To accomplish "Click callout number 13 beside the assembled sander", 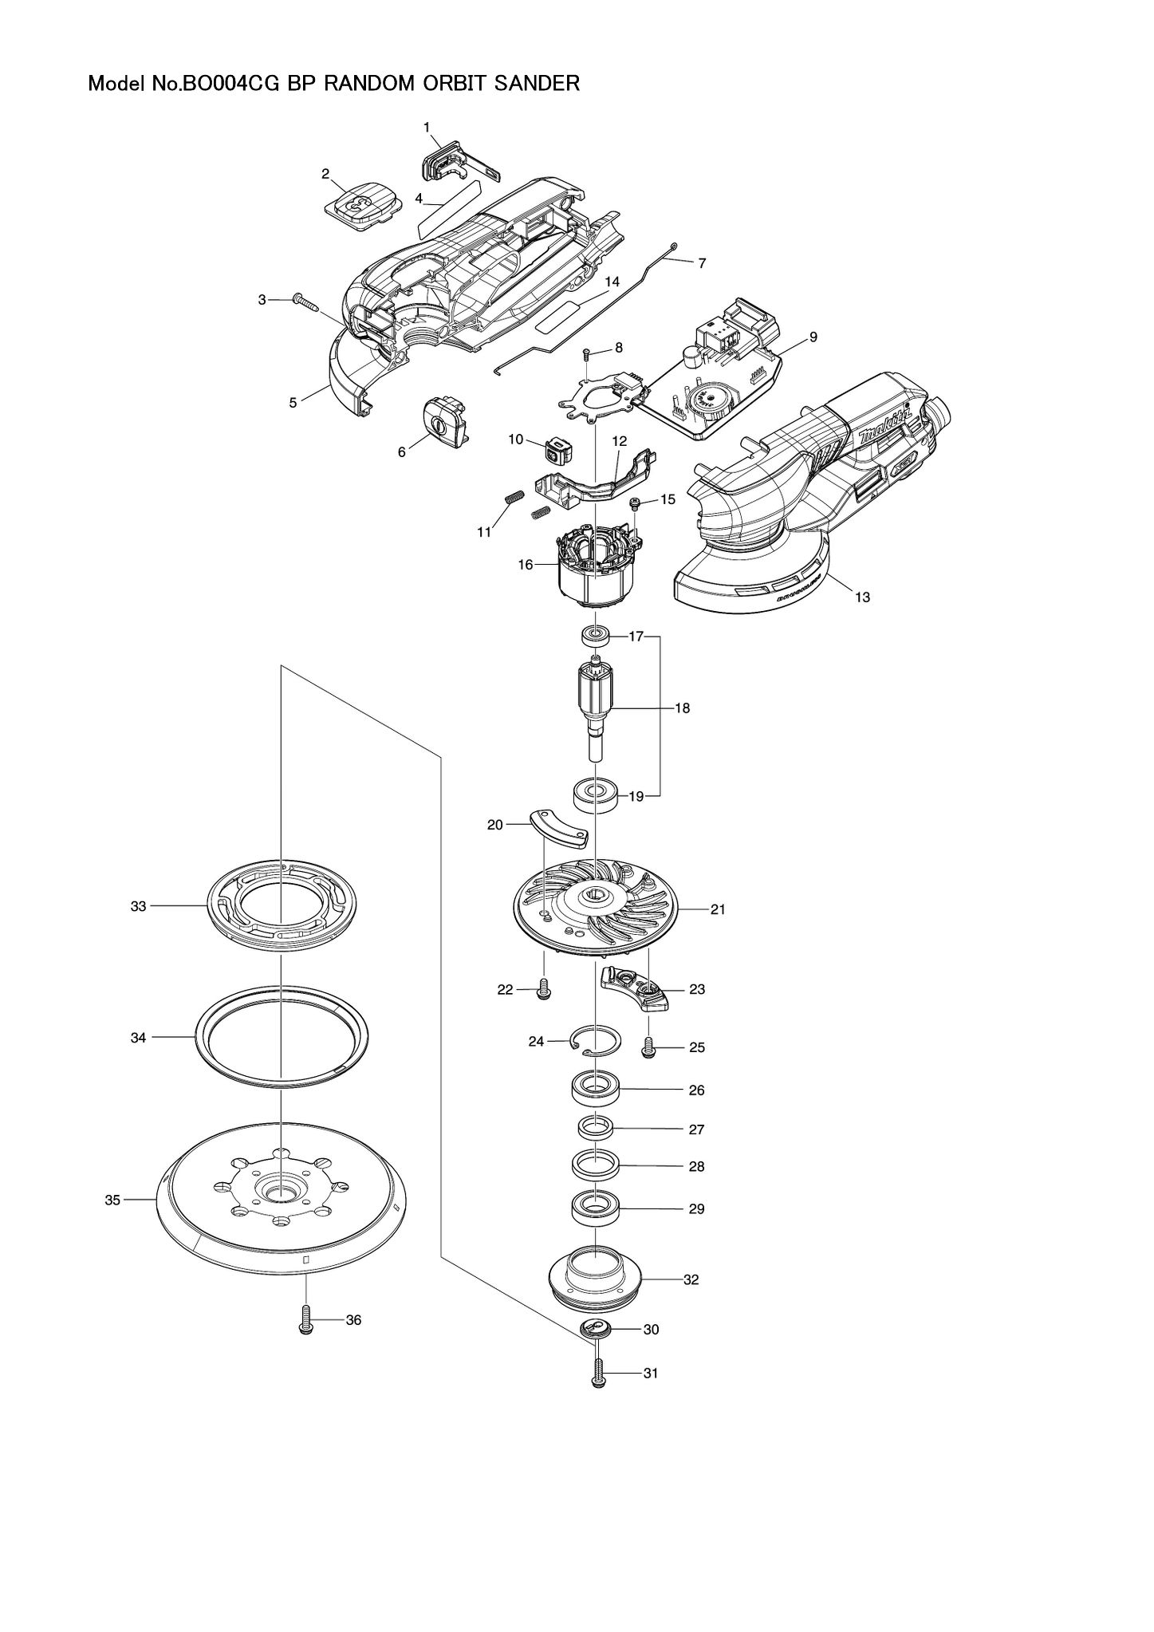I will [862, 597].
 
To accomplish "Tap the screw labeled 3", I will [305, 302].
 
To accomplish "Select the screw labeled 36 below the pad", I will [305, 1321].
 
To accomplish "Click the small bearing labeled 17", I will [595, 637].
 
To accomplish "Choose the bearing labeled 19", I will [596, 795].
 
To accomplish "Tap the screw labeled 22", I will [545, 990].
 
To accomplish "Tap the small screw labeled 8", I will [586, 353].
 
